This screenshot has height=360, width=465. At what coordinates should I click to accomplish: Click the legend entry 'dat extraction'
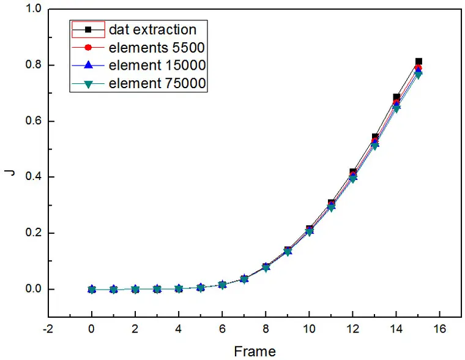[152, 29]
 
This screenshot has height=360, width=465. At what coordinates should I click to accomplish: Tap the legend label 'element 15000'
[157, 65]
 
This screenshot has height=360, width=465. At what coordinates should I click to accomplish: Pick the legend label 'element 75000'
[157, 83]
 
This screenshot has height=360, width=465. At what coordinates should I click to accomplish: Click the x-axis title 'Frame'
[255, 351]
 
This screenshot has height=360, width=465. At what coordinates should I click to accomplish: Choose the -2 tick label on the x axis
[48, 329]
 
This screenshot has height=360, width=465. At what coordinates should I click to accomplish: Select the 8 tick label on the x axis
[266, 329]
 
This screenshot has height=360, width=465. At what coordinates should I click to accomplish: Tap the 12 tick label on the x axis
[353, 329]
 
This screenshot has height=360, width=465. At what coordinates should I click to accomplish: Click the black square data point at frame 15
[418, 62]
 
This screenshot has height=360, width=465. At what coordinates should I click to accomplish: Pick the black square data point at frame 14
[396, 98]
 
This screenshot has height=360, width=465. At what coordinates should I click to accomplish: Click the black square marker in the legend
[88, 29]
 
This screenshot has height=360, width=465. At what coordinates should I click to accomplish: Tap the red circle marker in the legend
[88, 47]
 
